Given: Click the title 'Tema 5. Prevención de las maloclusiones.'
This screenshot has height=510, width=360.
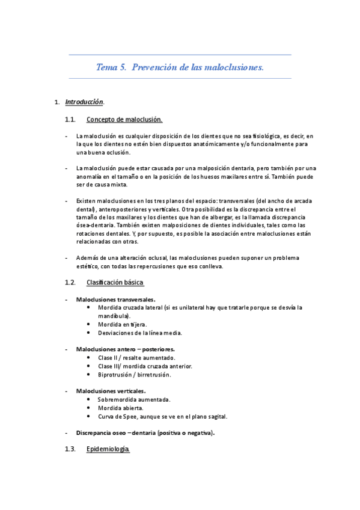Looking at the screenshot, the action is coord(180,67).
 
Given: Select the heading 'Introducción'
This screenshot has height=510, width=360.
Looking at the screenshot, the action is coord(84,102).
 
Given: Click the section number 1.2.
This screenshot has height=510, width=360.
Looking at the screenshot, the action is coord(70,282).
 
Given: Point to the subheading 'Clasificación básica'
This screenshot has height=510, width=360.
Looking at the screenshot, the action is coord(115,282).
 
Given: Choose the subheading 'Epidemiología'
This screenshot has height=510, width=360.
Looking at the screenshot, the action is coord(108,449).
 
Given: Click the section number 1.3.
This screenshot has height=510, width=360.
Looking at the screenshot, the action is coord(70,449).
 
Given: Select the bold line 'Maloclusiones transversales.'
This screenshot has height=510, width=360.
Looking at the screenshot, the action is coord(116,299).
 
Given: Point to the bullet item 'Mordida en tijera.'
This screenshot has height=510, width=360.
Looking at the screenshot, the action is coord(122,324).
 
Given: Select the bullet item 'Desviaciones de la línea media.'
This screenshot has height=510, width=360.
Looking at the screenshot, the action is coord(139,333).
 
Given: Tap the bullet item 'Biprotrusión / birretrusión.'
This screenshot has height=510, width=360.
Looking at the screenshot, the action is coord(134,374).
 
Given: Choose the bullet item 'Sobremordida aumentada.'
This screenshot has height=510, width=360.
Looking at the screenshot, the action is coord(133,399).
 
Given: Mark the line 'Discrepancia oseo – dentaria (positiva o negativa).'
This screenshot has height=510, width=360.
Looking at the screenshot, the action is coord(145,432).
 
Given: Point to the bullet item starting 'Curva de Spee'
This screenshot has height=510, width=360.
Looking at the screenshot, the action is coord(162,416).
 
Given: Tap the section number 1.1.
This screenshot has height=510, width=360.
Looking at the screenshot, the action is coord(70,120).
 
